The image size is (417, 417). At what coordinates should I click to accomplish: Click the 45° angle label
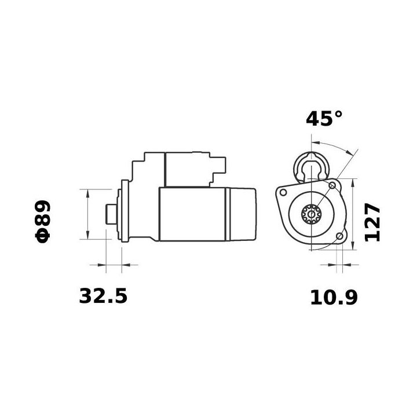tap(324, 119)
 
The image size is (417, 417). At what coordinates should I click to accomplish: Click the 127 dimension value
tap(372, 222)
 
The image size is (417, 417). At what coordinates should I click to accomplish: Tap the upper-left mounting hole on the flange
tap(284, 192)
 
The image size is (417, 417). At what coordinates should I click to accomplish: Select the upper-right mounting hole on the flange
tap(332, 185)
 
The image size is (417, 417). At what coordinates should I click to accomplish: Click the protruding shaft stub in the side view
tap(110, 214)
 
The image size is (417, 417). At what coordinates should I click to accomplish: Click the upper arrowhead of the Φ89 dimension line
tap(87, 192)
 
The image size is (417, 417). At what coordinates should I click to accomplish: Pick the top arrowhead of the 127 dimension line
tap(353, 182)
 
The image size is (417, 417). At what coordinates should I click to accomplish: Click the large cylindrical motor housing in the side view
tap(194, 214)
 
